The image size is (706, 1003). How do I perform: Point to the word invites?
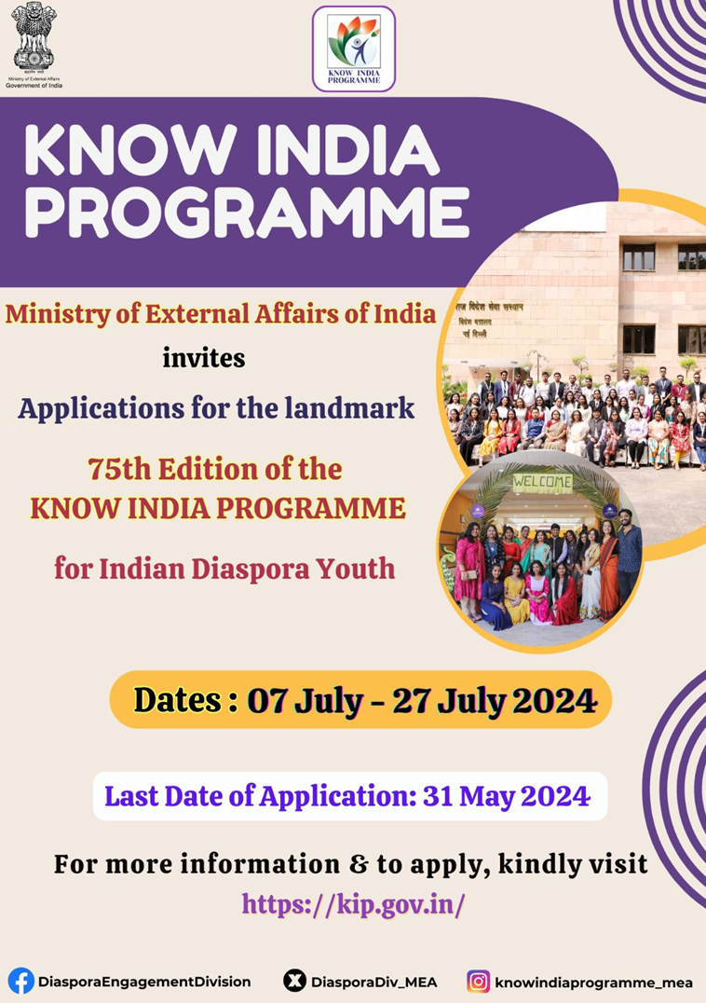(x=204, y=358)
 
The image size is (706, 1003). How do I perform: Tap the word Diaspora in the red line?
(x=251, y=568)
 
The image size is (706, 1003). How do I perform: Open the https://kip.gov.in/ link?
(x=353, y=903)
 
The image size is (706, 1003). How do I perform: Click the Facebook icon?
(x=20, y=981)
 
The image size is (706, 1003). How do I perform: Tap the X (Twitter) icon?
(x=294, y=981)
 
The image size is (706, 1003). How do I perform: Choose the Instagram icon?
(x=479, y=981)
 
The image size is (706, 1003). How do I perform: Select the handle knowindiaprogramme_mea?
(x=594, y=982)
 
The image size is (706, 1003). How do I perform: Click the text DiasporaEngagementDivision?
(x=144, y=982)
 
